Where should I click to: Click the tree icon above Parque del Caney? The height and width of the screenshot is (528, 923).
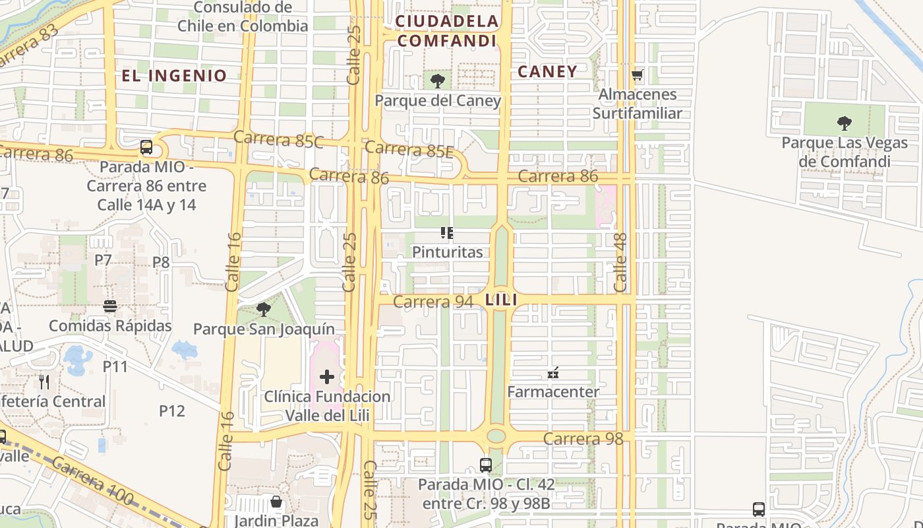(436, 82)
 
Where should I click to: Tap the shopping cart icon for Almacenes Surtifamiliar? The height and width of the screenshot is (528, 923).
(637, 75)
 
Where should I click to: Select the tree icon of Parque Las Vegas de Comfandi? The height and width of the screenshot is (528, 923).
(844, 123)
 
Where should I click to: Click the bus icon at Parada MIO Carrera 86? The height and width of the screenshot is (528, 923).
(146, 147)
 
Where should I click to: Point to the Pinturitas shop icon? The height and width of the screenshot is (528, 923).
(447, 233)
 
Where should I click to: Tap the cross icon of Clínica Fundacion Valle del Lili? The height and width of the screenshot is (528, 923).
(327, 377)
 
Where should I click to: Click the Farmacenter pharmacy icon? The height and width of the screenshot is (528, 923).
(553, 373)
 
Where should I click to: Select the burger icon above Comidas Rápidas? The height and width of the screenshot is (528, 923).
(110, 307)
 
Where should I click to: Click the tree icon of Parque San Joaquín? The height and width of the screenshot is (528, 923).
(264, 310)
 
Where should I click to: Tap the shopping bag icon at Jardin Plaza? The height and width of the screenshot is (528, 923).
(276, 502)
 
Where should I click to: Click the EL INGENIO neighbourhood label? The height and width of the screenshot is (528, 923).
(174, 75)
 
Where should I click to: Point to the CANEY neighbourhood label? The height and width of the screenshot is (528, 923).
(547, 71)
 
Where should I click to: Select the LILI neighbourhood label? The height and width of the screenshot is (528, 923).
(501, 300)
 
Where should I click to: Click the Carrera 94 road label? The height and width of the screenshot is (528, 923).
(433, 302)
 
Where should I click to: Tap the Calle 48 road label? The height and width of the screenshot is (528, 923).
(620, 263)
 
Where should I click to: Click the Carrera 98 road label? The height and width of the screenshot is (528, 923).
(583, 439)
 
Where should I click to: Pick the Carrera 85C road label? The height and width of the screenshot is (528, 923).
(278, 139)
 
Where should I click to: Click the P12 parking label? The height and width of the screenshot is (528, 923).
(172, 411)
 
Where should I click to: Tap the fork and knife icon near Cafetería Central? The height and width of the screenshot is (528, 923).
(44, 382)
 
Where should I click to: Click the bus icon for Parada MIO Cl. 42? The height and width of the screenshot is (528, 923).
(486, 465)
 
